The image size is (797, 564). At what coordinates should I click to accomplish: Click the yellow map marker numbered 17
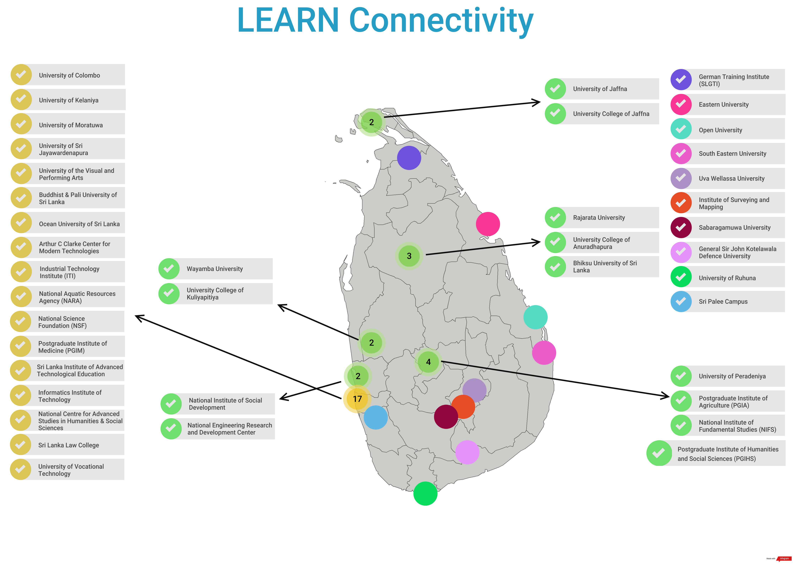(x=357, y=399)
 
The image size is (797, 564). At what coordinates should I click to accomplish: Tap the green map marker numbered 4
(x=428, y=362)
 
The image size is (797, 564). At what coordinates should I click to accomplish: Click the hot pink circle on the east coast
(x=488, y=224)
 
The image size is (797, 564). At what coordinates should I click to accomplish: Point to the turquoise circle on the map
(x=535, y=317)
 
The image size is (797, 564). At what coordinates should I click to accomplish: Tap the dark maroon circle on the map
(x=446, y=417)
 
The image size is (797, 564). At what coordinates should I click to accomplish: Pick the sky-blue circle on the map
(x=376, y=417)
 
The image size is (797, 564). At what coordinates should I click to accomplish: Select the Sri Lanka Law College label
(x=69, y=445)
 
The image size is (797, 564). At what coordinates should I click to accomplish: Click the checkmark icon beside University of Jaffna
(x=555, y=89)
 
